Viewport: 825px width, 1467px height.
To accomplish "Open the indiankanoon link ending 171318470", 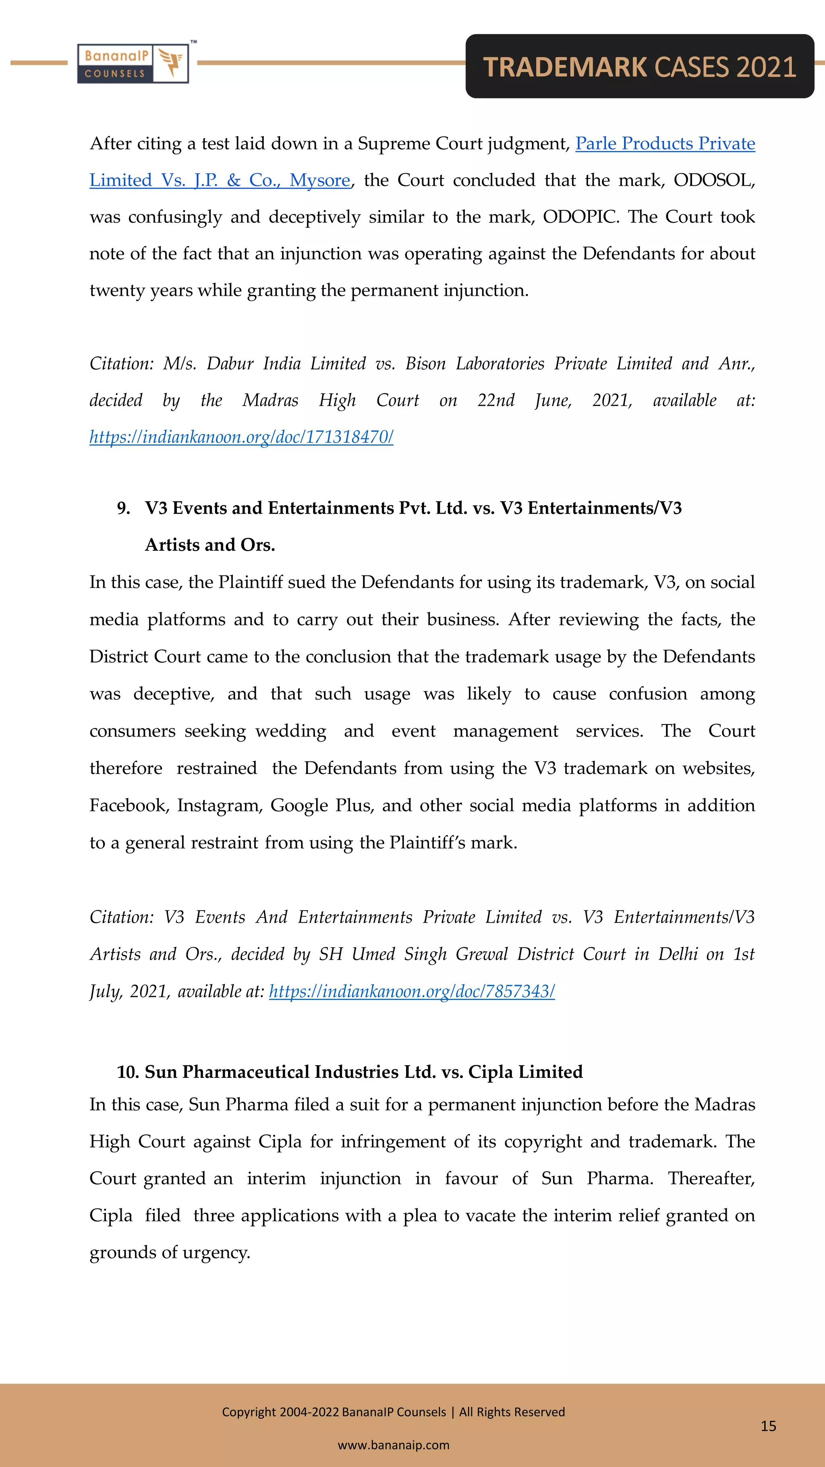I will click(241, 437).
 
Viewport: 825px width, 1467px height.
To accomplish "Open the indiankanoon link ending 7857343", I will click(412, 992).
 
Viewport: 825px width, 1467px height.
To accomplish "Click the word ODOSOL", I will click(713, 181).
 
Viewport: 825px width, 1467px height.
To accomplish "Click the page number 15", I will click(768, 1426).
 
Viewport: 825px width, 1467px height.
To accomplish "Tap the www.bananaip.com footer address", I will click(394, 1445).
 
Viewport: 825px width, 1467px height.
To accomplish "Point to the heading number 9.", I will click(123, 508).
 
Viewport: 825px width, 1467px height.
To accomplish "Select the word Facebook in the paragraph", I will click(128, 805).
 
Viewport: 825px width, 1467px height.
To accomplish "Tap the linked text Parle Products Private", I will click(665, 143).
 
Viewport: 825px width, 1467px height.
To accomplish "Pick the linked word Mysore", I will click(319, 181).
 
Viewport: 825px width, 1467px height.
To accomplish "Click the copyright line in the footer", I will click(394, 1412).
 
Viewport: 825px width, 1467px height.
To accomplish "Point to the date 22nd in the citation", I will click(495, 400).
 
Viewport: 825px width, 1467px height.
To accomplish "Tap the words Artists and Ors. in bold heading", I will click(209, 545).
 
